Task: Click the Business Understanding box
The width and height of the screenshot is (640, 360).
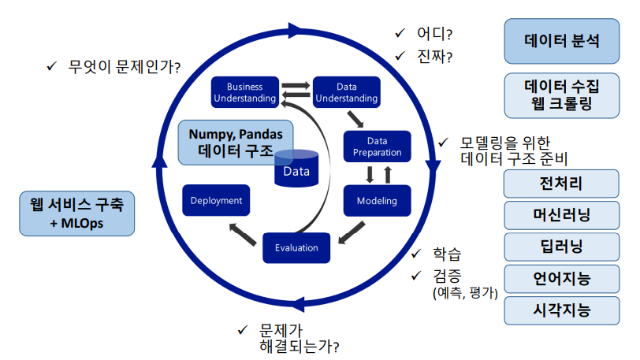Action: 244,92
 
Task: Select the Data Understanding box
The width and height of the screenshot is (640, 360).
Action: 346,92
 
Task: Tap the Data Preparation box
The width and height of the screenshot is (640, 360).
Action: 377,147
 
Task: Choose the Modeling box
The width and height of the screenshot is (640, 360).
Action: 377,201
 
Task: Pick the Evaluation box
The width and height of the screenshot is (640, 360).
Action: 296,247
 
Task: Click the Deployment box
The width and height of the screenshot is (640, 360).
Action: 216,201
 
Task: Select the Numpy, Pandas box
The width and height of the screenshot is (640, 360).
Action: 236,143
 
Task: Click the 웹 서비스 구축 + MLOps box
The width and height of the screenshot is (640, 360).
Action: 77,214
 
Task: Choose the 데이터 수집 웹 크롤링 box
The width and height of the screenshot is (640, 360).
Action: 561,95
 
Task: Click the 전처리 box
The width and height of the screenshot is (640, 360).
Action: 561,185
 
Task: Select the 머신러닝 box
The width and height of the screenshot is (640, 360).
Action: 561,215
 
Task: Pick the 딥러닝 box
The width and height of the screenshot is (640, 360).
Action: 561,247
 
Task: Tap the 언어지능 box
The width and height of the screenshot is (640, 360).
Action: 561,278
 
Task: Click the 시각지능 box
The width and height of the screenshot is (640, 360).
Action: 561,310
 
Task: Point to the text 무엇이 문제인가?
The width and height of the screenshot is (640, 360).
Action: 125,66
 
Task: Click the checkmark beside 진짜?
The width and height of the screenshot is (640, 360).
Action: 400,56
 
